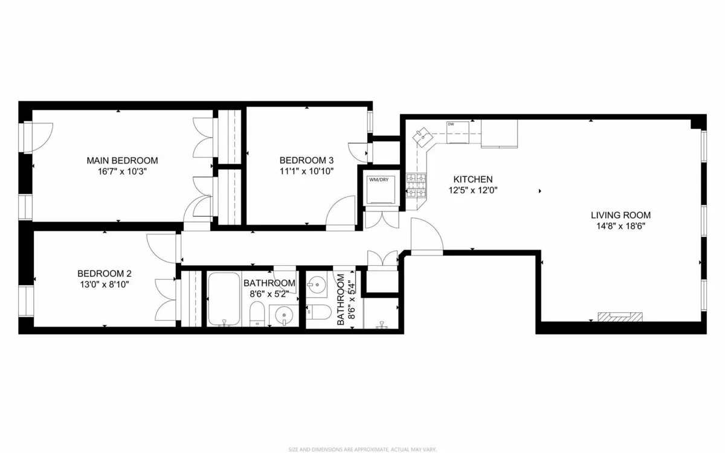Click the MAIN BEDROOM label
coord(122,161)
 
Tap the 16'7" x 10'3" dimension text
coord(122,172)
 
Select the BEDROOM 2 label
coord(103,273)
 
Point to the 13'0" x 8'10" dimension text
coord(103,284)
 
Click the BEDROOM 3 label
coord(306,161)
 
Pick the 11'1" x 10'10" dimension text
coord(306,172)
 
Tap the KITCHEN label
coord(473,179)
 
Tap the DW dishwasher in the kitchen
coord(457,132)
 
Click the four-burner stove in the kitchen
coord(416,186)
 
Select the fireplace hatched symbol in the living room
coord(620,316)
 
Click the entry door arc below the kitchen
coord(426,236)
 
